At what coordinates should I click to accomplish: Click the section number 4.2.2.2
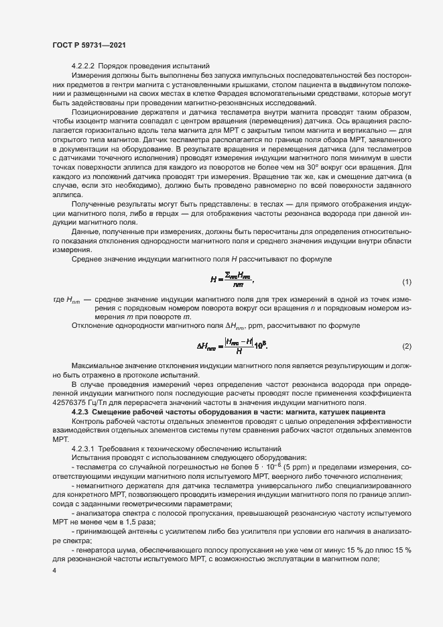(86, 66)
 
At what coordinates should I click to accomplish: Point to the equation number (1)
(406, 262)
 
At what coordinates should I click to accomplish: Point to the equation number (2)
(406, 346)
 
